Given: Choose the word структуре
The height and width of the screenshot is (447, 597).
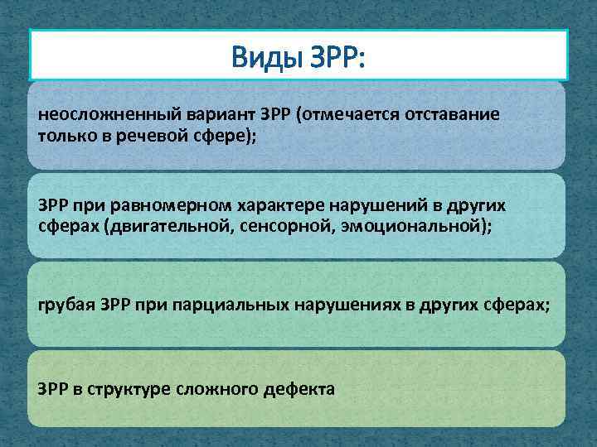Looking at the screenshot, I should coord(132,389).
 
